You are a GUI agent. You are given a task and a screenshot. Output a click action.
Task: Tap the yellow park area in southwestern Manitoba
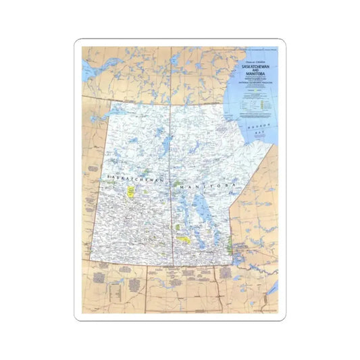click(184, 238)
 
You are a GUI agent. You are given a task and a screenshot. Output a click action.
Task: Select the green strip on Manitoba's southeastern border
click(230, 240)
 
